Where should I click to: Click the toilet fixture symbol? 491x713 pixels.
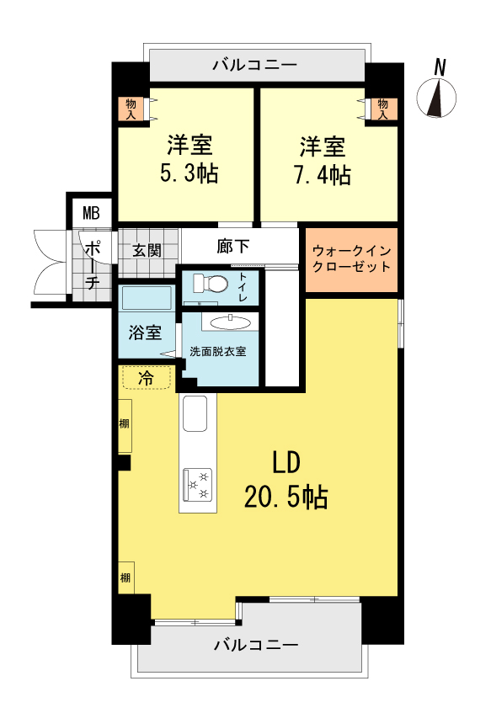coord(211,284)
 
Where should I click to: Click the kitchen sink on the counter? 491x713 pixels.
coord(195,413)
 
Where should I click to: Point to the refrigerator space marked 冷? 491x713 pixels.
coord(146,377)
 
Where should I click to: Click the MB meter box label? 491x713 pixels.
coord(91,213)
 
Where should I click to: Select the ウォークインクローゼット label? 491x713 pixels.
coord(352,258)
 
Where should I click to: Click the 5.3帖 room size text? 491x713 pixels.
coord(189,173)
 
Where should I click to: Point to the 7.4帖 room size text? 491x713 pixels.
coord(323,175)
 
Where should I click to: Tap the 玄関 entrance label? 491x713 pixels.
coord(147,250)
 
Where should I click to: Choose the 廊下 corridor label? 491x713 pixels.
coord(233,246)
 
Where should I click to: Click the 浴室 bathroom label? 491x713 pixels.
coord(145,332)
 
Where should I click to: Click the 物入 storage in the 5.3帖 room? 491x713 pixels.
coord(131,109)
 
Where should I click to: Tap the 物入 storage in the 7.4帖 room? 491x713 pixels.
coord(382,109)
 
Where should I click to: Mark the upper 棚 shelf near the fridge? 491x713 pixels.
coord(125,426)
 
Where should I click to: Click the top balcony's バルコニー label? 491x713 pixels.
coord(255,65)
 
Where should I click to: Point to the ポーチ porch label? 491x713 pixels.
coord(93,264)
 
